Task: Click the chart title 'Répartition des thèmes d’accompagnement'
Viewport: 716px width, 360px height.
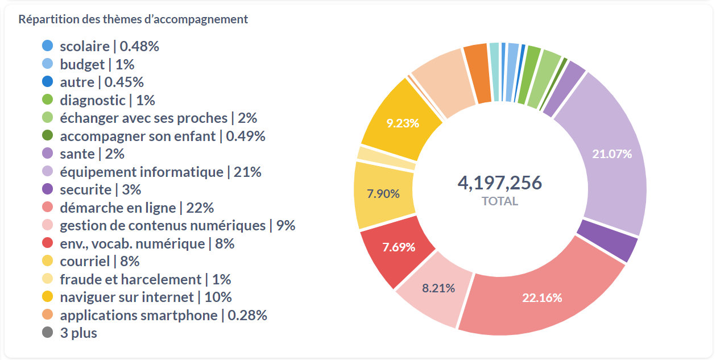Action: pyautogui.click(x=133, y=19)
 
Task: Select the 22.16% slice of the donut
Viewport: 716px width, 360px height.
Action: pyautogui.click(x=542, y=297)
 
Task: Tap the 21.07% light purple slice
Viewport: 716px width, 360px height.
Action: pyautogui.click(x=612, y=154)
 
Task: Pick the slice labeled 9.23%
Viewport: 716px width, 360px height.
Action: pyautogui.click(x=402, y=123)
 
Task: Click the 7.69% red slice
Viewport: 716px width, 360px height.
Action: pyautogui.click(x=399, y=247)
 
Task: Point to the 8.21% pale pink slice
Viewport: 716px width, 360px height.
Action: pyautogui.click(x=438, y=288)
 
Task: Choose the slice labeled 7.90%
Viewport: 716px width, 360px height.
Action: pyautogui.click(x=383, y=194)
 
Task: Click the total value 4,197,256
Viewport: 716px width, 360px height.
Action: pyautogui.click(x=499, y=183)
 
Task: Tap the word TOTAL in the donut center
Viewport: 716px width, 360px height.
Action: pyautogui.click(x=499, y=201)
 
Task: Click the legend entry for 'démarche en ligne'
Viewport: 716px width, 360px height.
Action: pyautogui.click(x=136, y=208)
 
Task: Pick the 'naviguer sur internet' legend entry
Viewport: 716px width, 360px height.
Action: pyautogui.click(x=146, y=297)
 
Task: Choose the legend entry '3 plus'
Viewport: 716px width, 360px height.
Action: pyautogui.click(x=78, y=333)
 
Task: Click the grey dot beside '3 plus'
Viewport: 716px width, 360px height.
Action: pyautogui.click(x=48, y=333)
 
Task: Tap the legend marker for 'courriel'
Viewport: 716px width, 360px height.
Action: pyautogui.click(x=48, y=261)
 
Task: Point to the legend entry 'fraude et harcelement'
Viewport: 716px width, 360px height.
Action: pyautogui.click(x=145, y=279)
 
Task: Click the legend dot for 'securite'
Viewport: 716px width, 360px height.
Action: pyautogui.click(x=48, y=189)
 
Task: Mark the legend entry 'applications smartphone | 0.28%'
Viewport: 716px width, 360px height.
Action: pyautogui.click(x=163, y=315)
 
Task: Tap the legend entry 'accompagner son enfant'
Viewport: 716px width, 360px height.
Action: pyautogui.click(x=162, y=136)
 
